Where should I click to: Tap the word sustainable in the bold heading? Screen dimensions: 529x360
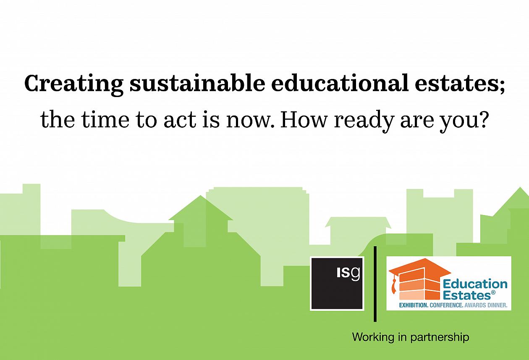(x=197, y=83)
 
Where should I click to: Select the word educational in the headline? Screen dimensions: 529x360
(x=340, y=83)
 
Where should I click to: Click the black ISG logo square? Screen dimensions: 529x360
(x=337, y=284)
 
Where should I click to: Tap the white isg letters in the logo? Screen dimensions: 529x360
(x=348, y=273)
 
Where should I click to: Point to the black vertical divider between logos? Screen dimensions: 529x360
(x=375, y=284)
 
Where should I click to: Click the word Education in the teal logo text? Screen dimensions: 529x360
(x=475, y=284)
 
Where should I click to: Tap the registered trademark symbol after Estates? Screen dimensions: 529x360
(x=493, y=293)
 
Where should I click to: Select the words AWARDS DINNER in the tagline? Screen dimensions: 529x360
(x=486, y=305)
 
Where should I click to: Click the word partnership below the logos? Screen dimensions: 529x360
(x=440, y=337)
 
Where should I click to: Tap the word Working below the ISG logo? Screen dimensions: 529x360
(x=373, y=337)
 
